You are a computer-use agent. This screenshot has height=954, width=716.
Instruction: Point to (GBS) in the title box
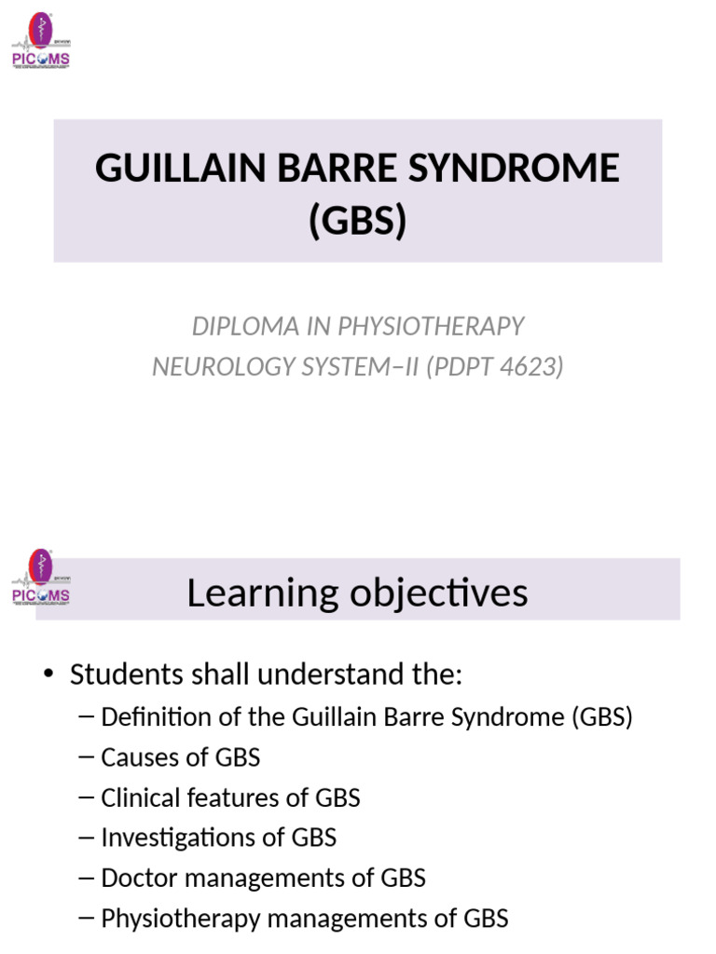358,221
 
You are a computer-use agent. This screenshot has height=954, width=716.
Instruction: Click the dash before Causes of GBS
88,757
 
